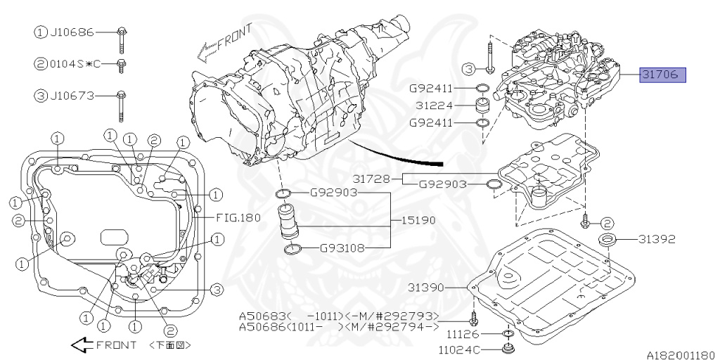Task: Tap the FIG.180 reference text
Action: click(x=238, y=217)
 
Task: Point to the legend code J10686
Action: click(x=72, y=32)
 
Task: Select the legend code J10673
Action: click(x=72, y=95)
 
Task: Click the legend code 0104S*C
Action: click(x=75, y=63)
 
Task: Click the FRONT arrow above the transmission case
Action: click(x=207, y=49)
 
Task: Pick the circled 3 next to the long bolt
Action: click(x=469, y=68)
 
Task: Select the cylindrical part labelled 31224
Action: click(x=483, y=105)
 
